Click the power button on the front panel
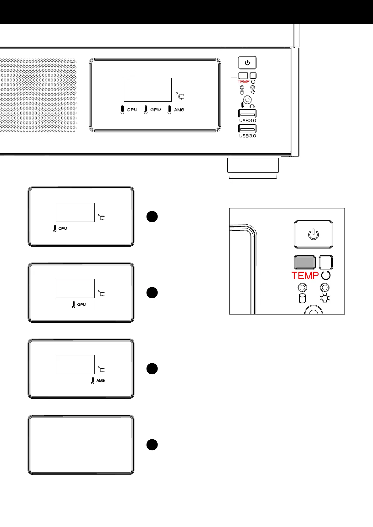(x=247, y=63)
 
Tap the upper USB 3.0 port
(x=247, y=114)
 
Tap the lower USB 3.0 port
(x=247, y=129)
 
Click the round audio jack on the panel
(x=247, y=100)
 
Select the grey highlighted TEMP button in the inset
(x=305, y=262)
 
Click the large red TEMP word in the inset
(x=305, y=276)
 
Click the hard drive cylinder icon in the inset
(x=302, y=299)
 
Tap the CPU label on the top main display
(x=132, y=110)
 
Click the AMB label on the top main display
(x=179, y=110)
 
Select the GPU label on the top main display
(x=156, y=110)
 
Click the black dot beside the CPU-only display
(x=152, y=217)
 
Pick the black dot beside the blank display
(x=152, y=445)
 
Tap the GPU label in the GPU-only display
(x=81, y=304)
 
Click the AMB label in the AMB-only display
(x=101, y=381)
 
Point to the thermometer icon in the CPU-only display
(x=55, y=228)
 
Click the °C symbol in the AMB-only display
(x=101, y=370)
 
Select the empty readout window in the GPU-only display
(x=75, y=288)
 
